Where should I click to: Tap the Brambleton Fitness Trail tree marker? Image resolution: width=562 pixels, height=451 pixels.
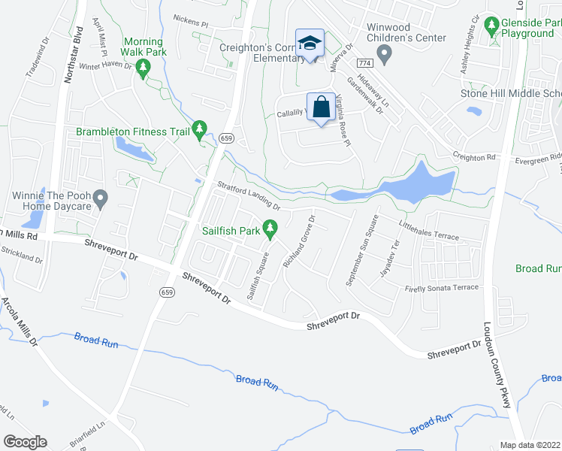coord(199,132)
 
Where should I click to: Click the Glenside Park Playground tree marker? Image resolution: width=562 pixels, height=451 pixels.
coord(491,28)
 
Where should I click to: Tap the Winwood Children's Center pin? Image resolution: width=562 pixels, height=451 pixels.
coord(385,53)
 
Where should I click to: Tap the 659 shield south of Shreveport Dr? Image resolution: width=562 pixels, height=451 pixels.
coord(166,291)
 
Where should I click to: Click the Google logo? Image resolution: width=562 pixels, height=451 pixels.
coord(25,442)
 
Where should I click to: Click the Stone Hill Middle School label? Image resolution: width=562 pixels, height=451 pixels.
coord(510,93)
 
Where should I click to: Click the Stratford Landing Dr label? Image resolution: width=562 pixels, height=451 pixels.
coord(248,196)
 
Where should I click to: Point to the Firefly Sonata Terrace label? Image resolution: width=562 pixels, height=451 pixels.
coord(441,289)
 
